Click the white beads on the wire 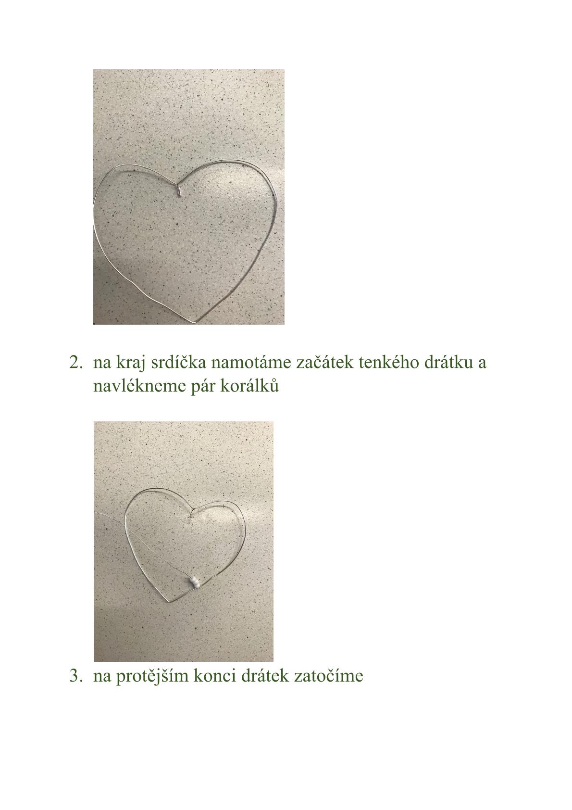click(194, 582)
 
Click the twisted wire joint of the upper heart click(179, 190)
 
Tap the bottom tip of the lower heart click(169, 602)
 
